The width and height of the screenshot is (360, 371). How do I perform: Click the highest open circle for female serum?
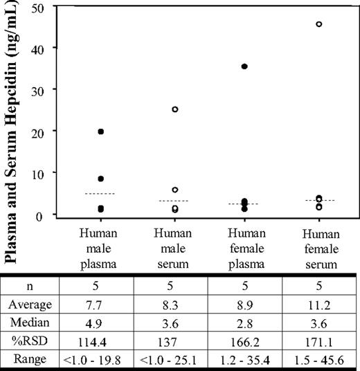click(319, 24)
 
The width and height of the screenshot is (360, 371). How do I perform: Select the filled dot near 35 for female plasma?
click(244, 66)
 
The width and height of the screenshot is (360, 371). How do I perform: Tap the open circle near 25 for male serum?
click(175, 109)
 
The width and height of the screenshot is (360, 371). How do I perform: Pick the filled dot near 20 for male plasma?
click(101, 132)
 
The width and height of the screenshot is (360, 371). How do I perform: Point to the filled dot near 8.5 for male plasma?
click(101, 179)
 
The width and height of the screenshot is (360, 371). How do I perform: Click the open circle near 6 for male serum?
click(175, 190)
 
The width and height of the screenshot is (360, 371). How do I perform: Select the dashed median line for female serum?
click(319, 201)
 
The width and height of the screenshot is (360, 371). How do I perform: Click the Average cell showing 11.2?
click(319, 303)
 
